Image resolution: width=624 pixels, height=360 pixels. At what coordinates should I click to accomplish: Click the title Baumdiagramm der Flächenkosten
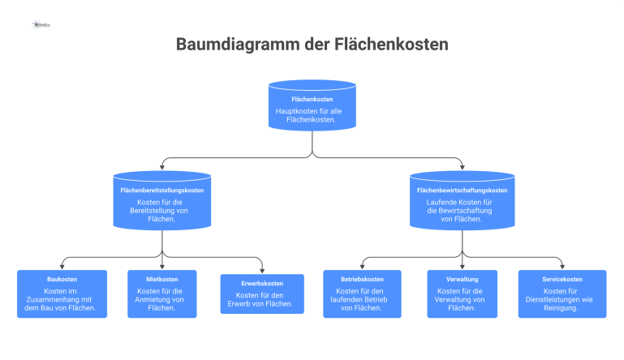click(312, 44)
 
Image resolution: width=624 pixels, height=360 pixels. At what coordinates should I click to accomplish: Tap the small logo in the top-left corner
click(41, 25)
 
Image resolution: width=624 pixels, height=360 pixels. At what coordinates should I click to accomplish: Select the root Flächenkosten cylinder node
click(312, 105)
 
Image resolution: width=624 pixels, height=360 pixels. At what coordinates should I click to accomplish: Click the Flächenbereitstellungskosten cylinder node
click(162, 199)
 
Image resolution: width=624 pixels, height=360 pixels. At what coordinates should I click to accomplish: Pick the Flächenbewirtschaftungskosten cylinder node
click(462, 199)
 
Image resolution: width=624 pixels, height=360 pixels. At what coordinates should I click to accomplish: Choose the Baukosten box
click(62, 294)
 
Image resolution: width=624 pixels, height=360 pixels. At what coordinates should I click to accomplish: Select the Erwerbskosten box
click(262, 294)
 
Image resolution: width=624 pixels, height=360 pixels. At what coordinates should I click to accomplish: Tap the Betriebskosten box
click(362, 294)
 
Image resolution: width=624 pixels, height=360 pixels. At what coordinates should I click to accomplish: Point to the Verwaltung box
click(462, 294)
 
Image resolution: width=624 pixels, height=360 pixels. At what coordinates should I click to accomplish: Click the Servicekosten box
click(562, 294)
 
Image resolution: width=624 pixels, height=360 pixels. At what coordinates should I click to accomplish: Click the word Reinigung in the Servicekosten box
click(562, 308)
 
